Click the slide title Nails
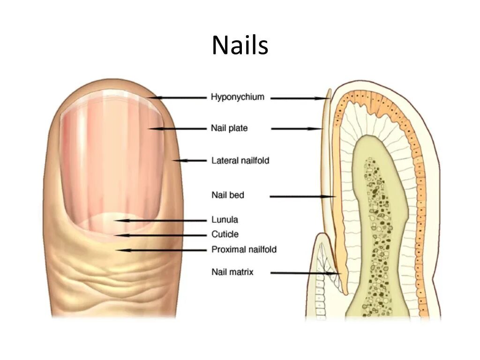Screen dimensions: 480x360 pos(240,46)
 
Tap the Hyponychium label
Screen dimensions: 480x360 pos(237,97)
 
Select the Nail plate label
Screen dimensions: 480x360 pos(229,128)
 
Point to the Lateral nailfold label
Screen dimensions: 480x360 pos(240,160)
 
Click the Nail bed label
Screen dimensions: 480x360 pos(227,195)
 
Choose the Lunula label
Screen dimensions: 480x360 pos(225,219)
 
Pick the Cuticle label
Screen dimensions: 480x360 pos(225,234)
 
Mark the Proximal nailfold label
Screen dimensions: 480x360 pos(244,249)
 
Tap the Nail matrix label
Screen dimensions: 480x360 pos(232,272)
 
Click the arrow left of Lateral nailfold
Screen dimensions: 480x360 pos(189,160)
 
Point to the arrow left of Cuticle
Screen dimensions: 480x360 pos(159,235)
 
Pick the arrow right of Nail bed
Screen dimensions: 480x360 pos(303,197)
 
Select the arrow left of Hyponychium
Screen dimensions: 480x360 pos(178,97)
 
